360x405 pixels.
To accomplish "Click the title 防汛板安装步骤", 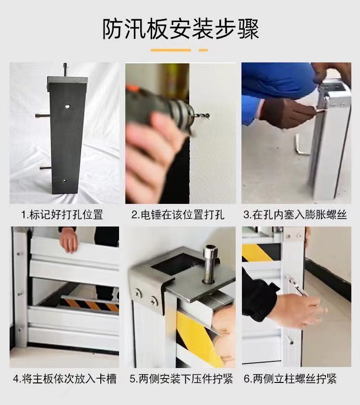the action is tap(180, 29).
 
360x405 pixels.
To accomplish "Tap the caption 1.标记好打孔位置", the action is tap(62, 214).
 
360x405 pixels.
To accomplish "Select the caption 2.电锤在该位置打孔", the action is tap(178, 214).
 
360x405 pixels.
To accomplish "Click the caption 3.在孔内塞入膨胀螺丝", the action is tap(295, 214).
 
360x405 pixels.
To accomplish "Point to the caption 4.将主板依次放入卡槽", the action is tap(65, 379).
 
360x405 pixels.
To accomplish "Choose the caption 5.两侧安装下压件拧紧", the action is tap(181, 379).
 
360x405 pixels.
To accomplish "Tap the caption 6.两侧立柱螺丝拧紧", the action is tap(290, 379).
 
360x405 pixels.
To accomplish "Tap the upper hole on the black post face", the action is tap(68, 106).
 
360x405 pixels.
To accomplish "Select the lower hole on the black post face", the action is tap(65, 180).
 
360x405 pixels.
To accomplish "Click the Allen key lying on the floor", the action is tap(301, 145).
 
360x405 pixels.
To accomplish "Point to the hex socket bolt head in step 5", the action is tap(210, 252).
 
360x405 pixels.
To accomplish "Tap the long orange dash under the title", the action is tap(170, 50).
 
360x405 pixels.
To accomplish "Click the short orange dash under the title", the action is tap(204, 50).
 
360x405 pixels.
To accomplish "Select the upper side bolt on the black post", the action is tap(42, 116).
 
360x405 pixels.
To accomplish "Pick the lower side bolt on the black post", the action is tap(46, 168).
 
